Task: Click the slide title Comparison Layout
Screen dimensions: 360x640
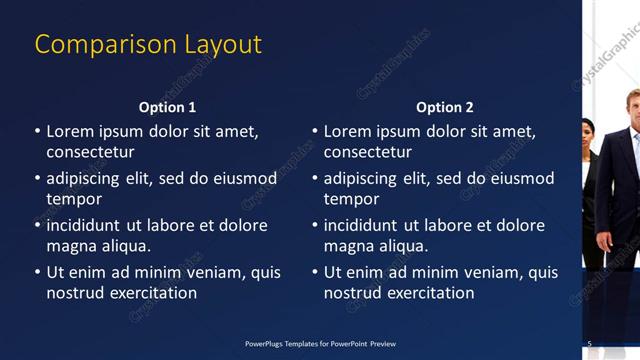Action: (148, 45)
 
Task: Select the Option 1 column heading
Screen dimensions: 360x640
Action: (168, 107)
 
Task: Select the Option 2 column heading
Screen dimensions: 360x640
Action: (445, 107)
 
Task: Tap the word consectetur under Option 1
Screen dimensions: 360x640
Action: (90, 152)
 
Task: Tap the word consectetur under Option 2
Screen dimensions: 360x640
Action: (367, 152)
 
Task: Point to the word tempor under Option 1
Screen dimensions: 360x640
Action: (73, 199)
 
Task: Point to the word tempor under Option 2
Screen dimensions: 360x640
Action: (350, 199)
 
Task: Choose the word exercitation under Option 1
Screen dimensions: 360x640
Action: (152, 293)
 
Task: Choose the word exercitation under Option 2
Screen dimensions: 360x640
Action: (429, 293)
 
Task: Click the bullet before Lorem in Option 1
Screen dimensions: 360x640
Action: (38, 131)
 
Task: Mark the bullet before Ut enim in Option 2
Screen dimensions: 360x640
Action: (315, 272)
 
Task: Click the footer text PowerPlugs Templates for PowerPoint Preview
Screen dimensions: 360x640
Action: (320, 343)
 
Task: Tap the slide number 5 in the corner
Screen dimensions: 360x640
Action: (589, 343)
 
